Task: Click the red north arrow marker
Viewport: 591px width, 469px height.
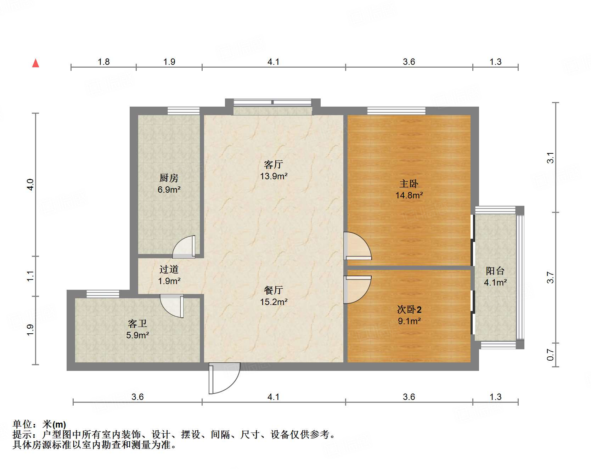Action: coord(35,63)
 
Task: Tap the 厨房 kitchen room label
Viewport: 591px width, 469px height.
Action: coord(169,177)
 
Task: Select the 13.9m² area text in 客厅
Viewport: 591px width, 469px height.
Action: coord(274,176)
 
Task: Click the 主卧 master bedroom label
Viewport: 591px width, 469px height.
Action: coord(409,183)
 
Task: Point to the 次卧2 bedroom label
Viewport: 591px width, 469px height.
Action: coord(409,309)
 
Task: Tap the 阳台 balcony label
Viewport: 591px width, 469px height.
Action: coord(495,271)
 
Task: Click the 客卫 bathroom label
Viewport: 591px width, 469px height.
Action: coord(137,323)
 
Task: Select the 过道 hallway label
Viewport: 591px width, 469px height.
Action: coord(169,270)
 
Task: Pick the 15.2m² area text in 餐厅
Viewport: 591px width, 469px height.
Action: coord(274,302)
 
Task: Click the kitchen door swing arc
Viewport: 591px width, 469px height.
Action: coord(184,247)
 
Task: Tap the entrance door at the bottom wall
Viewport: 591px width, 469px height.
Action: coord(224,378)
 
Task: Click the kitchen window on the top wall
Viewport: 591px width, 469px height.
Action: coord(183,111)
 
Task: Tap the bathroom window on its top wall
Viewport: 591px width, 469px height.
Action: coord(103,294)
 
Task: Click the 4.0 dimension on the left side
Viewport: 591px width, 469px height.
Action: coord(30,185)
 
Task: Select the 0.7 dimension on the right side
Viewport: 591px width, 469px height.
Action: coord(550,355)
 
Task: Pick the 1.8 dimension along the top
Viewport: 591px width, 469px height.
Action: coord(103,62)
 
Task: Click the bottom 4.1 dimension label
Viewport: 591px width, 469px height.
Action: coord(273,397)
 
